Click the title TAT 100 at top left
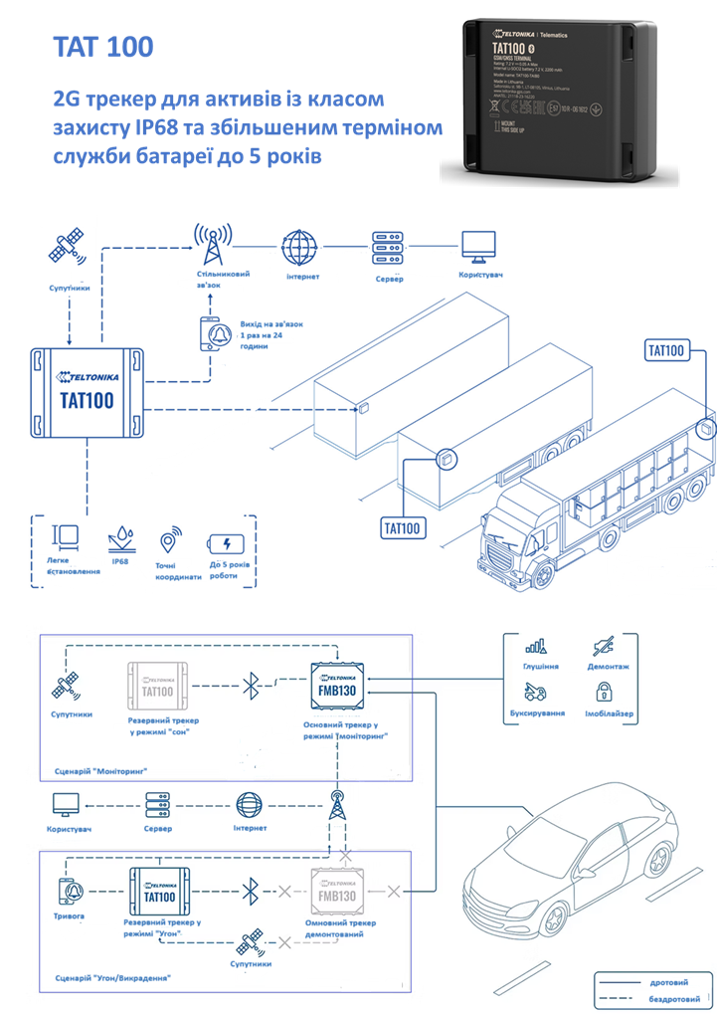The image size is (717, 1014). (102, 47)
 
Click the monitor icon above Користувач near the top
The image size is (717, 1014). (476, 246)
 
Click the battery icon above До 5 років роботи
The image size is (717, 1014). (224, 543)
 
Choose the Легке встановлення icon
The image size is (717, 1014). (66, 538)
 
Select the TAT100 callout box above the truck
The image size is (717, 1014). (666, 350)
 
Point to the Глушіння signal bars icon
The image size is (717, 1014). (541, 646)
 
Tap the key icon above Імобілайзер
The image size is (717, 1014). (609, 693)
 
